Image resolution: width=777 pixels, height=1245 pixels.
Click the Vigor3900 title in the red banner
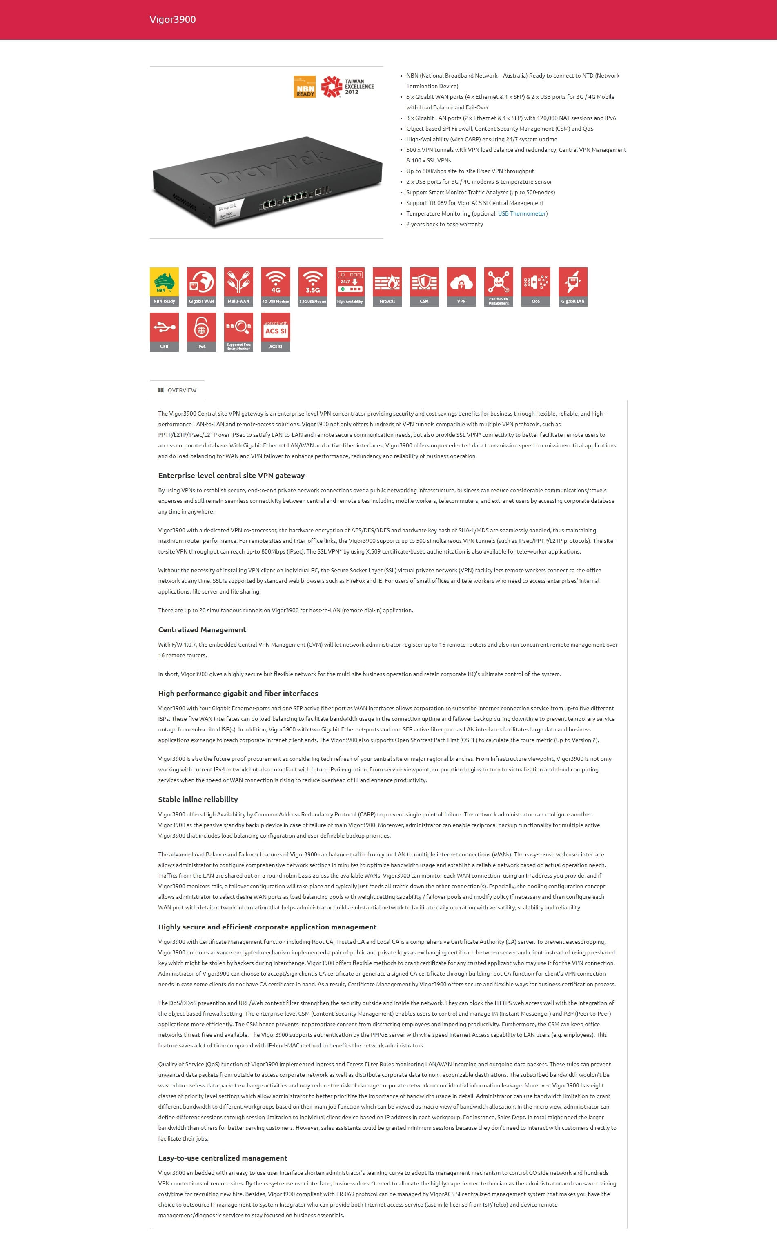172,20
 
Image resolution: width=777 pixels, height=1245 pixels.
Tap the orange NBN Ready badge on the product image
305,86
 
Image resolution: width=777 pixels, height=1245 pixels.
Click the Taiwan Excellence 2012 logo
348,86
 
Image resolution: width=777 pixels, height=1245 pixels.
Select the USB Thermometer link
522,213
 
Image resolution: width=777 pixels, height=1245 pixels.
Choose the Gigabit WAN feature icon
201,287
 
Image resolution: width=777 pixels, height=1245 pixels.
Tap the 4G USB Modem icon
276,287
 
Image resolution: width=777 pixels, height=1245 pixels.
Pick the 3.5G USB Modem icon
312,287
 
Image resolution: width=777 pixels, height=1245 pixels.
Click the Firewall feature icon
387,287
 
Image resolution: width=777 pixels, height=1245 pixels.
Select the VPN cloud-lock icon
461,287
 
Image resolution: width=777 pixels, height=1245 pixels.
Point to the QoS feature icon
535,287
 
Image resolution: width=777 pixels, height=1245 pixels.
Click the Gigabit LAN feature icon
572,287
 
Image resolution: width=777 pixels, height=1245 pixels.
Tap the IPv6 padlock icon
201,332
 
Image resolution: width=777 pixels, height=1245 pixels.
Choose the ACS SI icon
276,332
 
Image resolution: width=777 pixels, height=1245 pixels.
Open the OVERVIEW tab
177,390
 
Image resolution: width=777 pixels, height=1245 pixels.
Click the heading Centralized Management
202,630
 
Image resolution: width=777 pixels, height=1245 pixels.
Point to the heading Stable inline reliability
198,799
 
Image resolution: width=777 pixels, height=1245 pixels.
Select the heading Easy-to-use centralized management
223,1158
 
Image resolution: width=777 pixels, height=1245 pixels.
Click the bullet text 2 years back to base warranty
445,225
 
